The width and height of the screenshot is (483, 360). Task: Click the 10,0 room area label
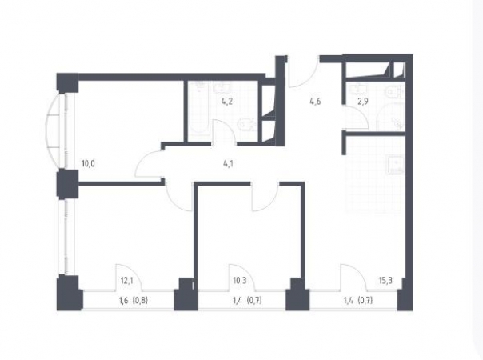[88, 163]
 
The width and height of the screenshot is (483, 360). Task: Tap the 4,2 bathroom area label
[226, 102]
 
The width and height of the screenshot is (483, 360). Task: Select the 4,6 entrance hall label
[316, 101]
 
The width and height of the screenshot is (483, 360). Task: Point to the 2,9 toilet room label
[363, 102]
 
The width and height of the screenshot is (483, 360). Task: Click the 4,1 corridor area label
[228, 164]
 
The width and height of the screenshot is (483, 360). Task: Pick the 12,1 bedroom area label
[126, 281]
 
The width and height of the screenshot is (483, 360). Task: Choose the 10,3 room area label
[240, 281]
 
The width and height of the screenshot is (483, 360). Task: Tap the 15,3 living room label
[385, 281]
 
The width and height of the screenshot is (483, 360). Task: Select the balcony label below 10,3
[248, 300]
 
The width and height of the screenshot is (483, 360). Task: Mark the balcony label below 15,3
[358, 300]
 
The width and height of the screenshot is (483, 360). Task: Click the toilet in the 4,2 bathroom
[247, 125]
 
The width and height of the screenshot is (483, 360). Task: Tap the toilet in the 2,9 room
[394, 91]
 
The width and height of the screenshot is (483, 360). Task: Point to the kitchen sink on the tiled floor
[395, 166]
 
